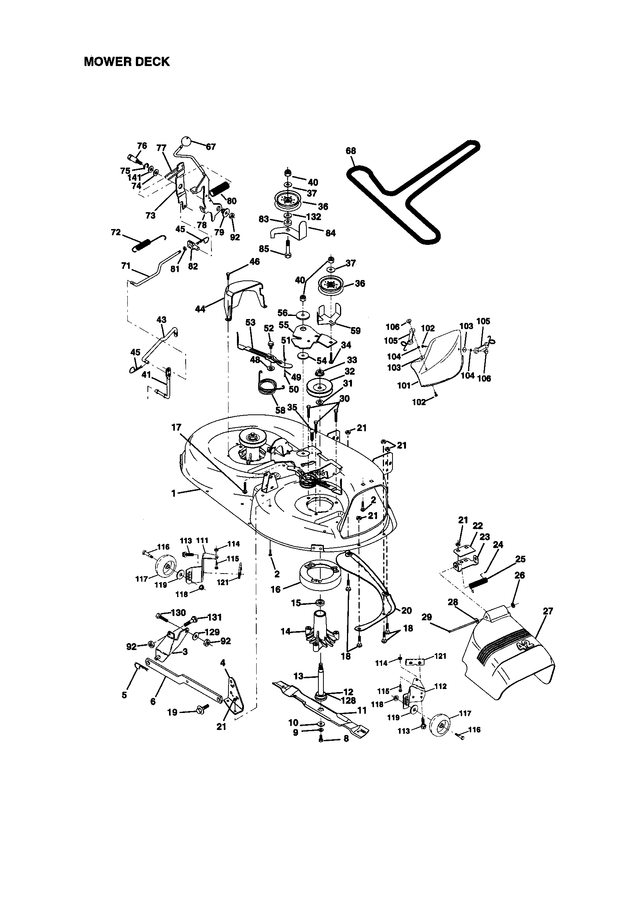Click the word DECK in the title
[151, 62]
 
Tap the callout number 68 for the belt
[351, 151]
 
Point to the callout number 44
[200, 309]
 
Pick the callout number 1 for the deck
[174, 493]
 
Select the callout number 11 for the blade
[362, 711]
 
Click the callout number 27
[548, 611]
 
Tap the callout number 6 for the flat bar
[153, 702]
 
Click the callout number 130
[178, 613]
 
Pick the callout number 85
[264, 249]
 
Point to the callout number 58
[280, 410]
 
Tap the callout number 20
[406, 610]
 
